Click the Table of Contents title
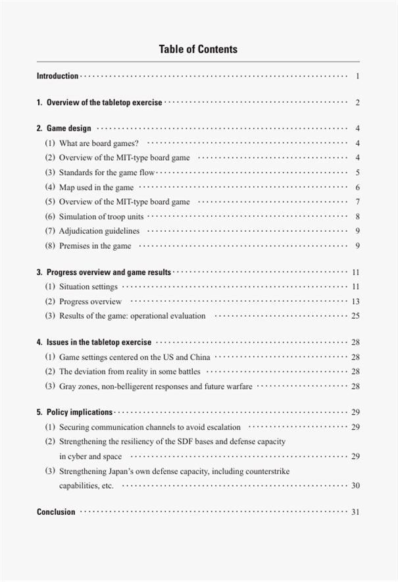click(x=198, y=49)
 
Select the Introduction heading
click(x=57, y=76)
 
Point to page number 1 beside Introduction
click(x=357, y=76)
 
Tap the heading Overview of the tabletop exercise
click(x=105, y=103)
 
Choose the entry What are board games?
click(x=98, y=143)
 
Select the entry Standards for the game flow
click(x=107, y=172)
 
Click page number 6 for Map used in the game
click(x=357, y=188)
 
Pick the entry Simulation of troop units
click(x=101, y=217)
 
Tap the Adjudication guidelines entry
click(x=99, y=231)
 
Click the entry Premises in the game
click(x=95, y=246)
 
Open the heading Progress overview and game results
click(x=109, y=272)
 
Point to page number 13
click(x=355, y=302)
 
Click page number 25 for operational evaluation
click(x=355, y=316)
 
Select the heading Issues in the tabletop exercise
click(x=99, y=342)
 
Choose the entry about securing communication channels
click(x=149, y=427)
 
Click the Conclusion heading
click(x=56, y=512)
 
